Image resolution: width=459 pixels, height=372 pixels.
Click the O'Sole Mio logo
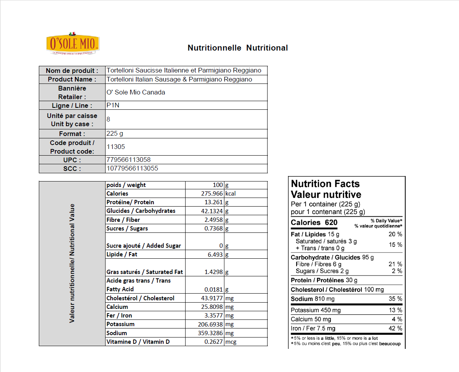pyautogui.click(x=73, y=44)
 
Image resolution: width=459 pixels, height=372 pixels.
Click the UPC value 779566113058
pyautogui.click(x=129, y=160)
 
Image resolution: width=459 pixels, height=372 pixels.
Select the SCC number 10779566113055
pyautogui.click(x=132, y=169)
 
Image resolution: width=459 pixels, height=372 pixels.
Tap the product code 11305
pyautogui.click(x=116, y=147)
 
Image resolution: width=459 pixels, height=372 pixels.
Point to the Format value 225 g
pyautogui.click(x=115, y=134)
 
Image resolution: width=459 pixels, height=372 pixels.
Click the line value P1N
pyautogui.click(x=112, y=105)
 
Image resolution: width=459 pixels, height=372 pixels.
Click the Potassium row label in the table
pyautogui.click(x=120, y=324)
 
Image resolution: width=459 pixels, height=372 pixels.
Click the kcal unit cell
pyautogui.click(x=230, y=194)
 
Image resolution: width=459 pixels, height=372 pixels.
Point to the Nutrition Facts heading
pyautogui.click(x=325, y=184)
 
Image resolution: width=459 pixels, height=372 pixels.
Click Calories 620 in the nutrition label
pyautogui.click(x=314, y=223)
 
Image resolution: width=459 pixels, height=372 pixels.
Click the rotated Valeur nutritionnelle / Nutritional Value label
pyautogui.click(x=72, y=263)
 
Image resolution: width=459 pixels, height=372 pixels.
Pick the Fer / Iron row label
pyautogui.click(x=119, y=316)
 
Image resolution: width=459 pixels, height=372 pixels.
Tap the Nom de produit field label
pyautogui.click(x=72, y=71)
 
